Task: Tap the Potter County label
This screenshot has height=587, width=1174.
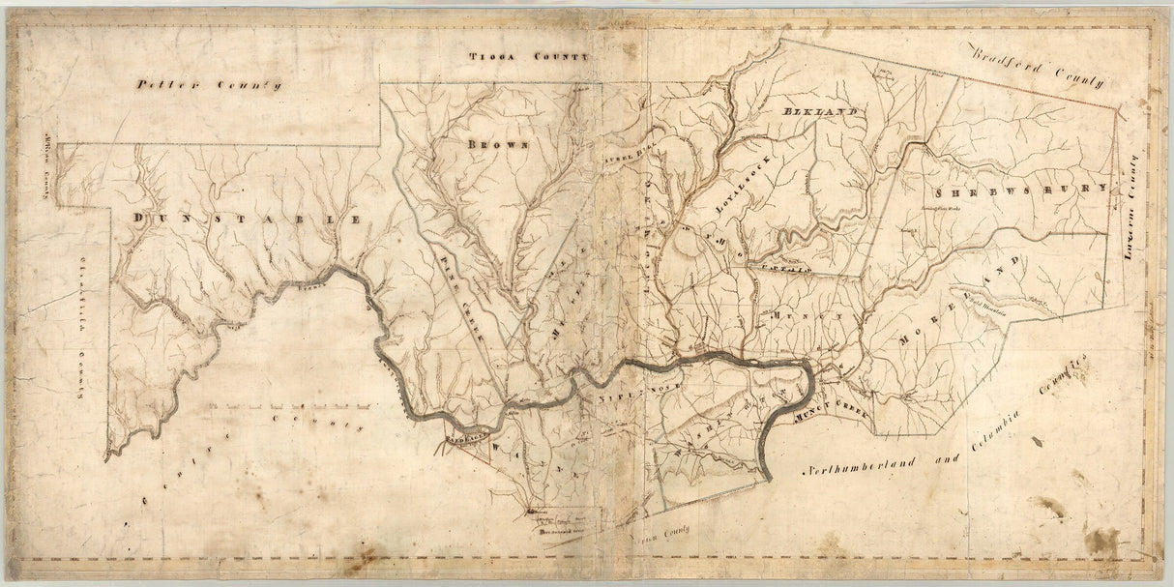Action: (209, 85)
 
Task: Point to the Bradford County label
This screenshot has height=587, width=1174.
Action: (1039, 69)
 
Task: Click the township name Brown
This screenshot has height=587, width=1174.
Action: (498, 144)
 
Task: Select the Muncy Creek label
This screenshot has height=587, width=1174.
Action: (833, 412)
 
